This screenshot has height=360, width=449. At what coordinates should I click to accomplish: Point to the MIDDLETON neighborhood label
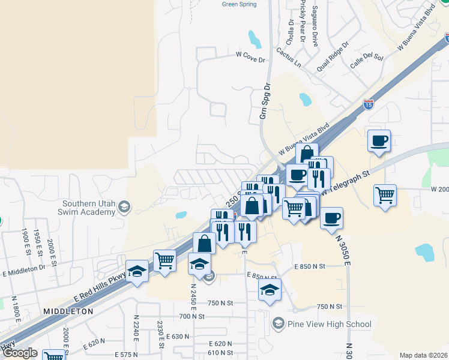tap(68, 312)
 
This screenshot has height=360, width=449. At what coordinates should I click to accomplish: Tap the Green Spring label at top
tap(239, 4)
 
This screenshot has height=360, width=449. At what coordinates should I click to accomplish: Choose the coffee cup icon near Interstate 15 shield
tap(379, 142)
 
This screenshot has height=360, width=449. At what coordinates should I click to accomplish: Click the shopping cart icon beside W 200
tap(385, 195)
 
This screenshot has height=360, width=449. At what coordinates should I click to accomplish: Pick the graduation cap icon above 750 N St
tap(270, 290)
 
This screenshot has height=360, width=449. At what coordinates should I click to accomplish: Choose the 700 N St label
tap(192, 316)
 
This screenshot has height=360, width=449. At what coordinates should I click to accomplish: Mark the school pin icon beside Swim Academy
tap(124, 208)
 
